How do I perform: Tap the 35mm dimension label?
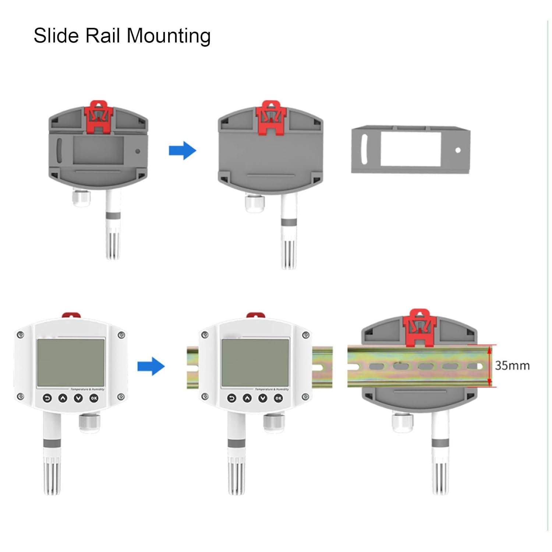click(512, 365)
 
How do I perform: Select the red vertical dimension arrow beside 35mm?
click(489, 366)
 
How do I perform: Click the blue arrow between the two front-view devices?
click(151, 366)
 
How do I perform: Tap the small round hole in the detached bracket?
click(458, 150)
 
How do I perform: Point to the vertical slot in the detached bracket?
click(364, 149)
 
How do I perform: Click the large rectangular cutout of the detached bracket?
click(411, 149)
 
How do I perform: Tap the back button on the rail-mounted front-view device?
click(231, 398)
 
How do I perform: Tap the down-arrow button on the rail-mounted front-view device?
click(263, 398)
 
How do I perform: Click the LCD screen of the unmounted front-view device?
click(71, 362)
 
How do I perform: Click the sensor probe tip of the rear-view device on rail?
click(440, 478)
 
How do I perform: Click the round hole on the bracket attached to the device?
click(138, 151)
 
